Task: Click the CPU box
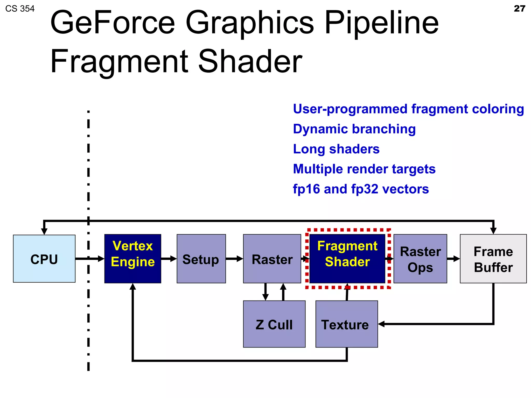point(44,259)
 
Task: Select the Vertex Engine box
point(133,259)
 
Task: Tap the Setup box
point(201,259)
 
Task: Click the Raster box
point(272,259)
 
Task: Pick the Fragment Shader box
point(347,259)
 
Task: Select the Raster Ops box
point(420,259)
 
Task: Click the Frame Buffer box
point(493,259)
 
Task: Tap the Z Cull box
point(274,324)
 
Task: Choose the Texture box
point(347,324)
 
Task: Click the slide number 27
point(519,9)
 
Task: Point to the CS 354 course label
point(20,9)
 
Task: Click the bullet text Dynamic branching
point(354,129)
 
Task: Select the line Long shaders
point(336,149)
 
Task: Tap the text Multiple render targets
point(364,169)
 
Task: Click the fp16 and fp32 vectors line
point(361,189)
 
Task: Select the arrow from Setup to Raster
point(234,259)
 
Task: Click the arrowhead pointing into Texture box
point(381,324)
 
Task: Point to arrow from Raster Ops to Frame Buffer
point(453,259)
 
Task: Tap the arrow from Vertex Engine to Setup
point(169,259)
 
